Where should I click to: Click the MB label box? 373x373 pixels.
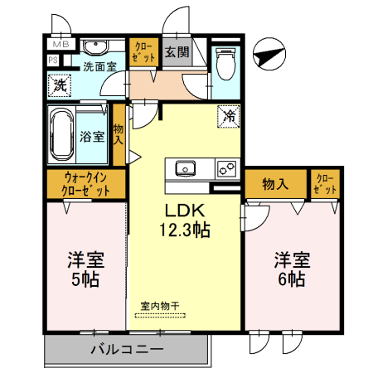[61, 45]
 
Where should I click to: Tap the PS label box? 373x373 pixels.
[53, 60]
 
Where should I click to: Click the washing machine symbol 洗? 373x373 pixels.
[61, 84]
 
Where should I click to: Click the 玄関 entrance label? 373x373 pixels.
[175, 51]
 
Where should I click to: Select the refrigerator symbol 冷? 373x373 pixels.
[229, 117]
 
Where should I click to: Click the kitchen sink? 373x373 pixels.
[185, 168]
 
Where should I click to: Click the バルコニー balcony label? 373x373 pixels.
[127, 350]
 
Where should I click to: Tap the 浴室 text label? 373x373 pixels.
[92, 136]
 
